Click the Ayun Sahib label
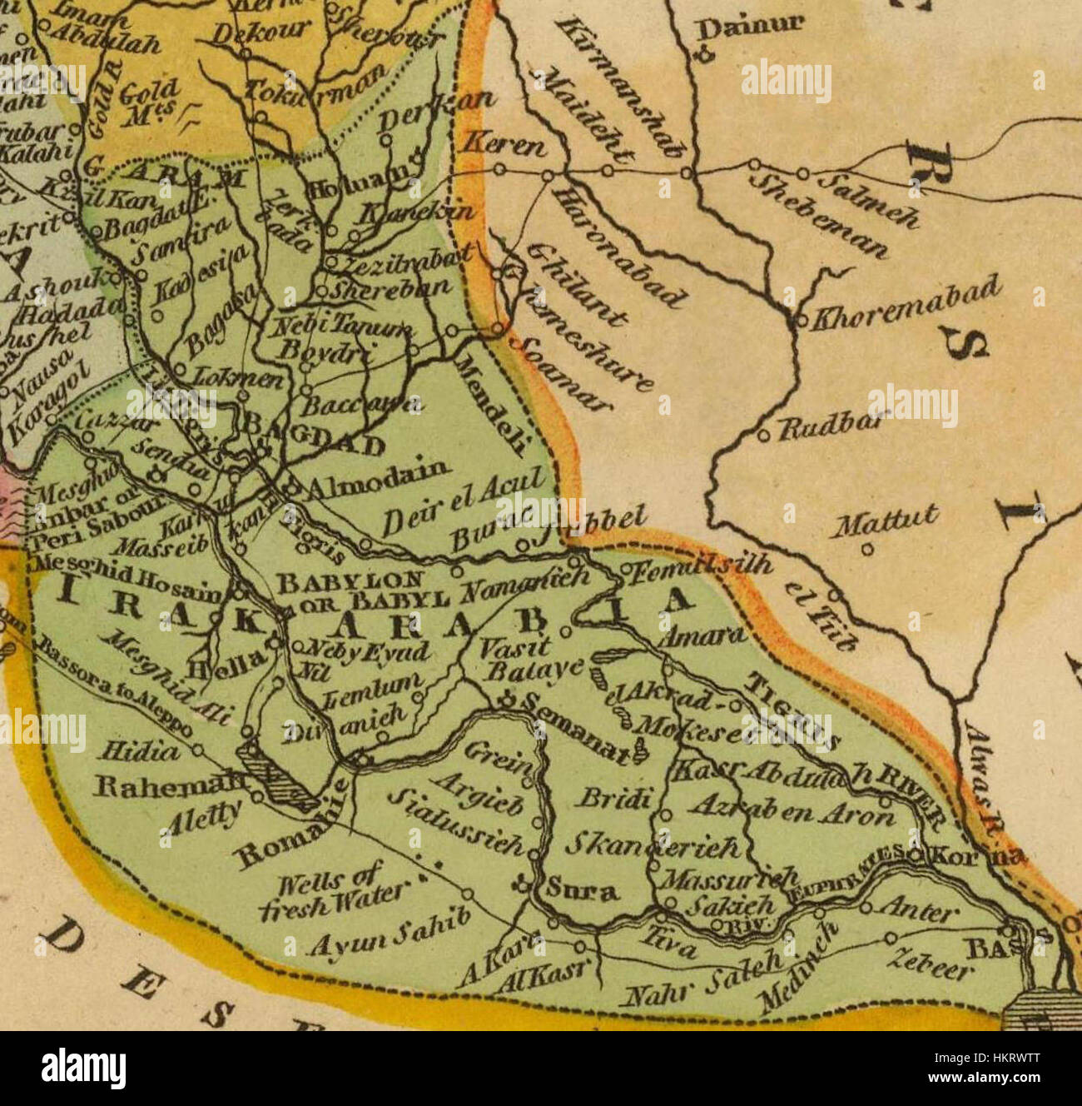point(390,932)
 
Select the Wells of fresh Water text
point(320,890)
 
